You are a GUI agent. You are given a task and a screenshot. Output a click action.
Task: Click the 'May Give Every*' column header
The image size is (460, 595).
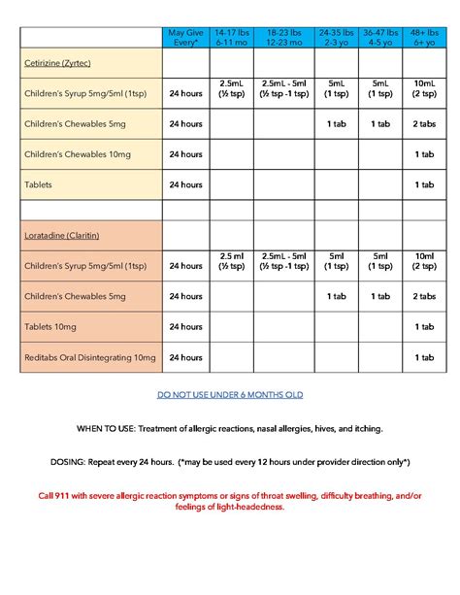coord(185,37)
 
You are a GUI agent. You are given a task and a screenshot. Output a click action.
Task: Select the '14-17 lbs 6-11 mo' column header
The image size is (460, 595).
coord(236,37)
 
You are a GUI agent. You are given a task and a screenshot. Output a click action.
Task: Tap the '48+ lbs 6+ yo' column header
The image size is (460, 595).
coord(424,37)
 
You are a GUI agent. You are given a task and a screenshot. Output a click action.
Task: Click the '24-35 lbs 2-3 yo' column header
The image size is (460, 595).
coord(335,37)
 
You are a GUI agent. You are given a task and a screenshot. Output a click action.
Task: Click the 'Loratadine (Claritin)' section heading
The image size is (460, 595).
coord(61,235)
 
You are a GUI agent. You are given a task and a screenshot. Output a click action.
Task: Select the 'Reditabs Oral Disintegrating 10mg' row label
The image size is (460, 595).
coord(90,358)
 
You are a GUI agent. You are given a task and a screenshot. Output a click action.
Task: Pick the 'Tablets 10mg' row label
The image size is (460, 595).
coord(50,327)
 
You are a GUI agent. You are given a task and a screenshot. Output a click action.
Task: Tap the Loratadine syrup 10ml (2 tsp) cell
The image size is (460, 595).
coord(424,265)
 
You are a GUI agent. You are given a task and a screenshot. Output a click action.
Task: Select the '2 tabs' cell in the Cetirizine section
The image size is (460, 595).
coord(424,124)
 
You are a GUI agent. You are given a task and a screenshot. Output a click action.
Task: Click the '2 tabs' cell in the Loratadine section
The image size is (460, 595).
coord(424,296)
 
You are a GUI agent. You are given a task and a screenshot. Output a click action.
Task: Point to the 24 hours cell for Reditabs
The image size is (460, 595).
coord(185,358)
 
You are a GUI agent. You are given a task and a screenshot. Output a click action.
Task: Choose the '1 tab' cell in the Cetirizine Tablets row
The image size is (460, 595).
coord(424,183)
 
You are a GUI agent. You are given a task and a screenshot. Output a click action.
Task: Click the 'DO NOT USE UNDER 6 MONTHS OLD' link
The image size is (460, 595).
coord(230,395)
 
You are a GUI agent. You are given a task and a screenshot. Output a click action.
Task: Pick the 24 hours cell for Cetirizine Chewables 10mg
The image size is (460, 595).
coord(185,154)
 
